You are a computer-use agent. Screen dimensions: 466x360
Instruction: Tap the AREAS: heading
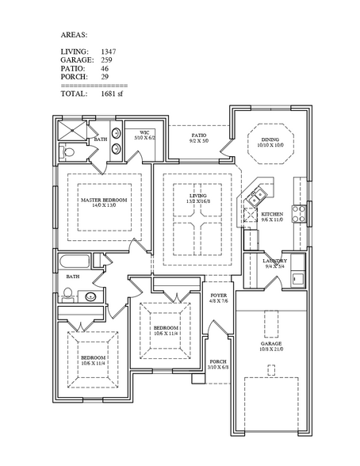tap(75, 36)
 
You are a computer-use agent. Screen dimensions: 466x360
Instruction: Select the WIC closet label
tap(145, 132)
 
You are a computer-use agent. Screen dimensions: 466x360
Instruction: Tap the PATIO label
tap(199, 136)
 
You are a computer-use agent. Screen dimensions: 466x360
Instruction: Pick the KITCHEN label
tap(273, 214)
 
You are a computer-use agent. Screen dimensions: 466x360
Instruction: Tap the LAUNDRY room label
tap(274, 260)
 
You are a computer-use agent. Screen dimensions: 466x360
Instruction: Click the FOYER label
tap(218, 296)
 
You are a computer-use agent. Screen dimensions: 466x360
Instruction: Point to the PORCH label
tap(217, 361)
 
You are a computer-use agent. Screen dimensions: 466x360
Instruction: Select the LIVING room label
tap(197, 195)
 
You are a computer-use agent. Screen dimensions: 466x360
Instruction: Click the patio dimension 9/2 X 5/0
tap(199, 141)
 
